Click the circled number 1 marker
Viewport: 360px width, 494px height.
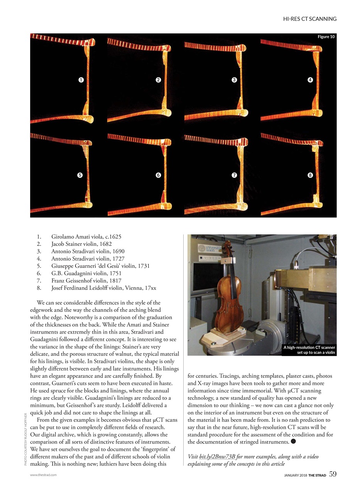coord(81,80)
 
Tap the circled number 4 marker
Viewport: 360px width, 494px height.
coord(310,80)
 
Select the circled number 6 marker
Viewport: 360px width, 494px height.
coord(158,175)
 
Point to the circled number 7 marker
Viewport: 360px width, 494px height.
coord(234,175)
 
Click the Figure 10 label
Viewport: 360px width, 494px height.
coord(326,37)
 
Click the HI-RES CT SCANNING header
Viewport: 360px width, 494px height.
coord(309,19)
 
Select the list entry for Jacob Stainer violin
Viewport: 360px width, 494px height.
coord(81,244)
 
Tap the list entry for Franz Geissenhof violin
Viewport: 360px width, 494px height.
coord(86,281)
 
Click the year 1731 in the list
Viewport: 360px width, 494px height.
coord(143,266)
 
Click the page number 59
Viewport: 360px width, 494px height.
coord(333,474)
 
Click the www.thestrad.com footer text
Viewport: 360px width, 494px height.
coord(43,475)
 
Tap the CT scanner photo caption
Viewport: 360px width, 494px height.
coord(309,350)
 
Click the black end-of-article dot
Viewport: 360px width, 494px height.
coord(293,442)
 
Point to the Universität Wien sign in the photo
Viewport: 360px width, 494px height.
coord(208,248)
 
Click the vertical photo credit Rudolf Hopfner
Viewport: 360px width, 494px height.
coord(25,439)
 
